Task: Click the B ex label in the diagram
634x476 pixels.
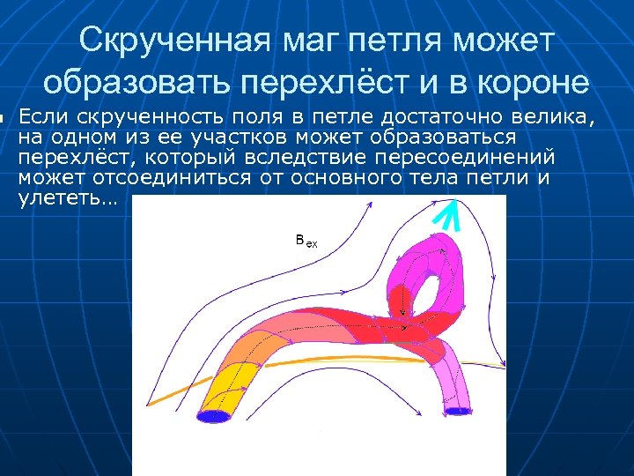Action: (x=306, y=240)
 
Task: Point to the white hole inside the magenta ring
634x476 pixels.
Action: (x=429, y=296)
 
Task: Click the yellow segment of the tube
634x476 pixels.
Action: (x=231, y=379)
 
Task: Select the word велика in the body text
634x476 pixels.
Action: (x=551, y=117)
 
